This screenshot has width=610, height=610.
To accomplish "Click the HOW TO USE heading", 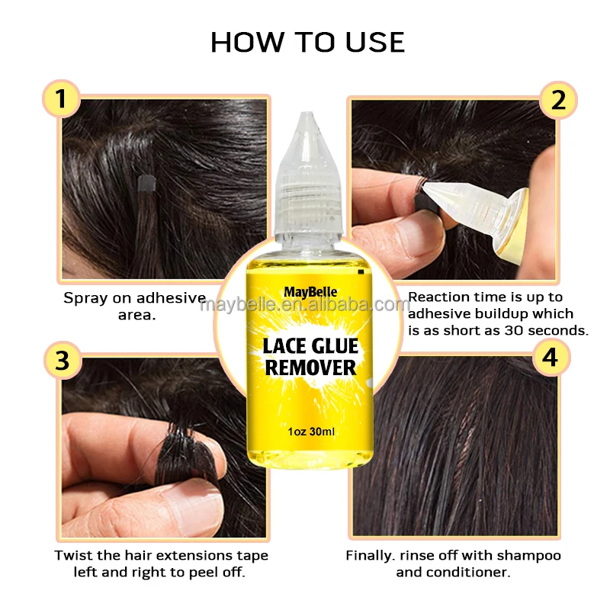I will pyautogui.click(x=307, y=42).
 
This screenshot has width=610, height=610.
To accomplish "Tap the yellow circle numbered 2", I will pyautogui.click(x=557, y=100).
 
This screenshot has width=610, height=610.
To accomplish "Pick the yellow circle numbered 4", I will pyautogui.click(x=550, y=357).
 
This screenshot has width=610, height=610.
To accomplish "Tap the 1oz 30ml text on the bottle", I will pyautogui.click(x=310, y=432).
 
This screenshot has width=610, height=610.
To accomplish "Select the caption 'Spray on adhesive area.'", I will pyautogui.click(x=134, y=306).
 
